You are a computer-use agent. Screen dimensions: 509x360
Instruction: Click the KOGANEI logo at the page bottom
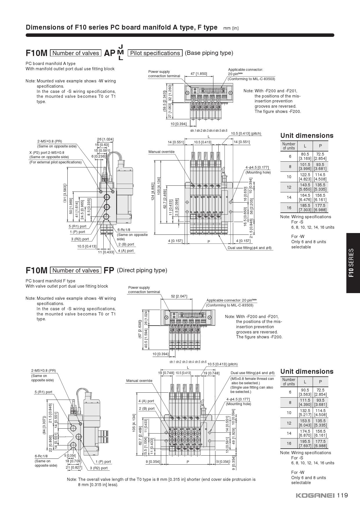[315, 495]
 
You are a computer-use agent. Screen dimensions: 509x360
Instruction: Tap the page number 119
[342, 495]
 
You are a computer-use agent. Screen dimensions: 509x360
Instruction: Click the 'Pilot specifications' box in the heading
[155, 53]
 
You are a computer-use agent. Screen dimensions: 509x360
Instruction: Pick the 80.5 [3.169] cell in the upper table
[305, 156]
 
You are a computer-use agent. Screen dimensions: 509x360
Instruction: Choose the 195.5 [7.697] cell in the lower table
[305, 443]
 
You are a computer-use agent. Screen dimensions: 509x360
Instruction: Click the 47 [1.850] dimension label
[199, 73]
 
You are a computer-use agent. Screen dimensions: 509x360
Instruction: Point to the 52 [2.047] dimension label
[179, 296]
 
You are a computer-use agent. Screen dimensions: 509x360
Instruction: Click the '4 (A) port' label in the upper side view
[126, 251]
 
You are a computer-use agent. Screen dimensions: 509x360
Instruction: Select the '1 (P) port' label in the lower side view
[103, 461]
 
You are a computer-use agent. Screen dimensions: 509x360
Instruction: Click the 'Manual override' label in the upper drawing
[161, 152]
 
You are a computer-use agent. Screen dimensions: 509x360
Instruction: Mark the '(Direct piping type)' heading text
[142, 270]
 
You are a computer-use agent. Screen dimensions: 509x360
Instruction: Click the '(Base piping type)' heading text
[209, 53]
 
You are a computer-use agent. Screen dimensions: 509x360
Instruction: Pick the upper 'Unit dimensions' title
[307, 136]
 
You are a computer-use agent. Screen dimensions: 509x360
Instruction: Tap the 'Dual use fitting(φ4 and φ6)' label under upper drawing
[249, 248]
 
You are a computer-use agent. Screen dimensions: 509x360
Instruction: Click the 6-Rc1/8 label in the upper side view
[124, 230]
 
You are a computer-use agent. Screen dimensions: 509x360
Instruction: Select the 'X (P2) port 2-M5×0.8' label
[47, 152]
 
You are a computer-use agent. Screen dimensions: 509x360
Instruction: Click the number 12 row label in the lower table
[289, 423]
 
